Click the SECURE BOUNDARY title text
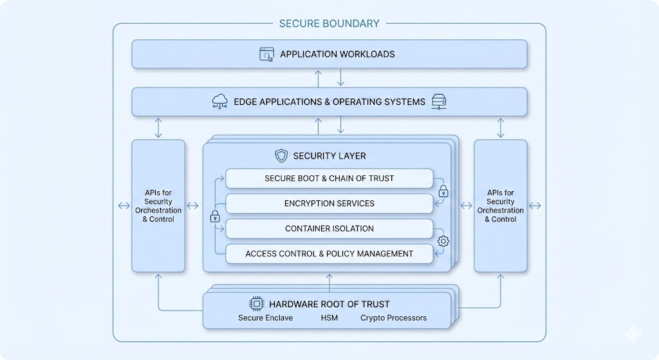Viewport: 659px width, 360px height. pos(329,24)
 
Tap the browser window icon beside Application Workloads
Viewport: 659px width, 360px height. pos(267,54)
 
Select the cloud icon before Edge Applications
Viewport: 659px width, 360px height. pos(219,101)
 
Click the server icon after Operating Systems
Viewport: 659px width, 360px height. pos(440,101)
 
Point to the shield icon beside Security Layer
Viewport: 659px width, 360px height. pos(281,156)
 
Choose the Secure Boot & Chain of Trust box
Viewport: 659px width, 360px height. pos(329,178)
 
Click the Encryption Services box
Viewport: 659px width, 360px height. pos(329,204)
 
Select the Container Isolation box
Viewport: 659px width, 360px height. pos(329,229)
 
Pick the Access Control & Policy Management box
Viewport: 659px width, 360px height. pos(329,254)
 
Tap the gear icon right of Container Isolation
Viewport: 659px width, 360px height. pos(443,242)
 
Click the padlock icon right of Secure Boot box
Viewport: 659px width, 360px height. pos(443,191)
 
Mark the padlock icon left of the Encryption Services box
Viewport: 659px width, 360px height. pos(215,217)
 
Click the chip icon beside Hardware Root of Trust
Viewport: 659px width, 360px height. pos(256,304)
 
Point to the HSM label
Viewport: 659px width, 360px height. pos(329,318)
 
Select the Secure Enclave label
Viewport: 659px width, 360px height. pos(265,318)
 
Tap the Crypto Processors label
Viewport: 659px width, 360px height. pos(393,318)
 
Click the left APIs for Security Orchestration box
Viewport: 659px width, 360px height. pos(158,206)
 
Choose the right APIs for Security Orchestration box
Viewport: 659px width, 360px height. pos(500,206)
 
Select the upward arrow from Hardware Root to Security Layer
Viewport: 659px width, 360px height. pos(329,281)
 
